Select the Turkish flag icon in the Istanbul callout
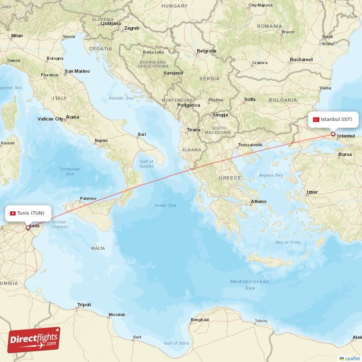click(316, 119)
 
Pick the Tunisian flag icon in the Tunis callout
click(13, 213)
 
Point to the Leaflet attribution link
click(352, 358)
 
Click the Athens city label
click(258, 201)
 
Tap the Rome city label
click(73, 117)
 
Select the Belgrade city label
click(207, 51)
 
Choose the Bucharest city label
click(301, 59)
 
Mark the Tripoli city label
click(84, 305)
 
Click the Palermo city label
click(88, 198)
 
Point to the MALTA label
click(98, 248)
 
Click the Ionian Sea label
click(166, 205)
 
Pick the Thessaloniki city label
click(250, 145)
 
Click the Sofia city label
click(250, 99)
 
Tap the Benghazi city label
click(200, 319)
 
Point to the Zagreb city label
click(132, 28)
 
